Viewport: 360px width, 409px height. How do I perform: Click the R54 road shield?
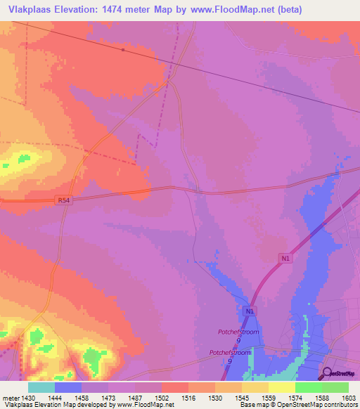point(63,200)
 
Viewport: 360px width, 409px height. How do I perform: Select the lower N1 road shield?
point(250,310)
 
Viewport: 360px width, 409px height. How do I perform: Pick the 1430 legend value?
point(28,397)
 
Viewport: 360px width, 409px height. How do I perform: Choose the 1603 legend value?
point(349,397)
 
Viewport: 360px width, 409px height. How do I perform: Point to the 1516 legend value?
point(189,397)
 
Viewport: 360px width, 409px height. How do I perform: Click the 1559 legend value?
point(269,397)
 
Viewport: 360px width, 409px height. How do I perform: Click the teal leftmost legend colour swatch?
point(41,387)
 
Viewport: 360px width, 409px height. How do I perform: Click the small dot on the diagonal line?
point(122,50)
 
